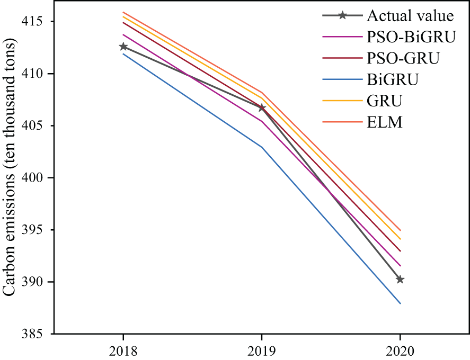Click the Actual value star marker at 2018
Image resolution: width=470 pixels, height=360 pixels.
pyautogui.click(x=123, y=47)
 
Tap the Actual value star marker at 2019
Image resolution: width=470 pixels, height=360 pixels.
pyautogui.click(x=262, y=108)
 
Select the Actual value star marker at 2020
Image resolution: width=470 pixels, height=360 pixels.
pyautogui.click(x=400, y=280)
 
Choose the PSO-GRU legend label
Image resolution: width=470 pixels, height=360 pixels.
pyautogui.click(x=403, y=58)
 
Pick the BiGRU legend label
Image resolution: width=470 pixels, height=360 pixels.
pyautogui.click(x=393, y=80)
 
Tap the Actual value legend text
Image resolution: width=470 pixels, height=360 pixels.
pyautogui.click(x=410, y=15)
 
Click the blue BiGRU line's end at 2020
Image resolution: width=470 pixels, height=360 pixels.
pyautogui.click(x=400, y=303)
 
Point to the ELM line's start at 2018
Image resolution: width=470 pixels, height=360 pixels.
pyautogui.click(x=123, y=12)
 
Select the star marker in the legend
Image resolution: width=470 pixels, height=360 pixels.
pyautogui.click(x=342, y=15)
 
